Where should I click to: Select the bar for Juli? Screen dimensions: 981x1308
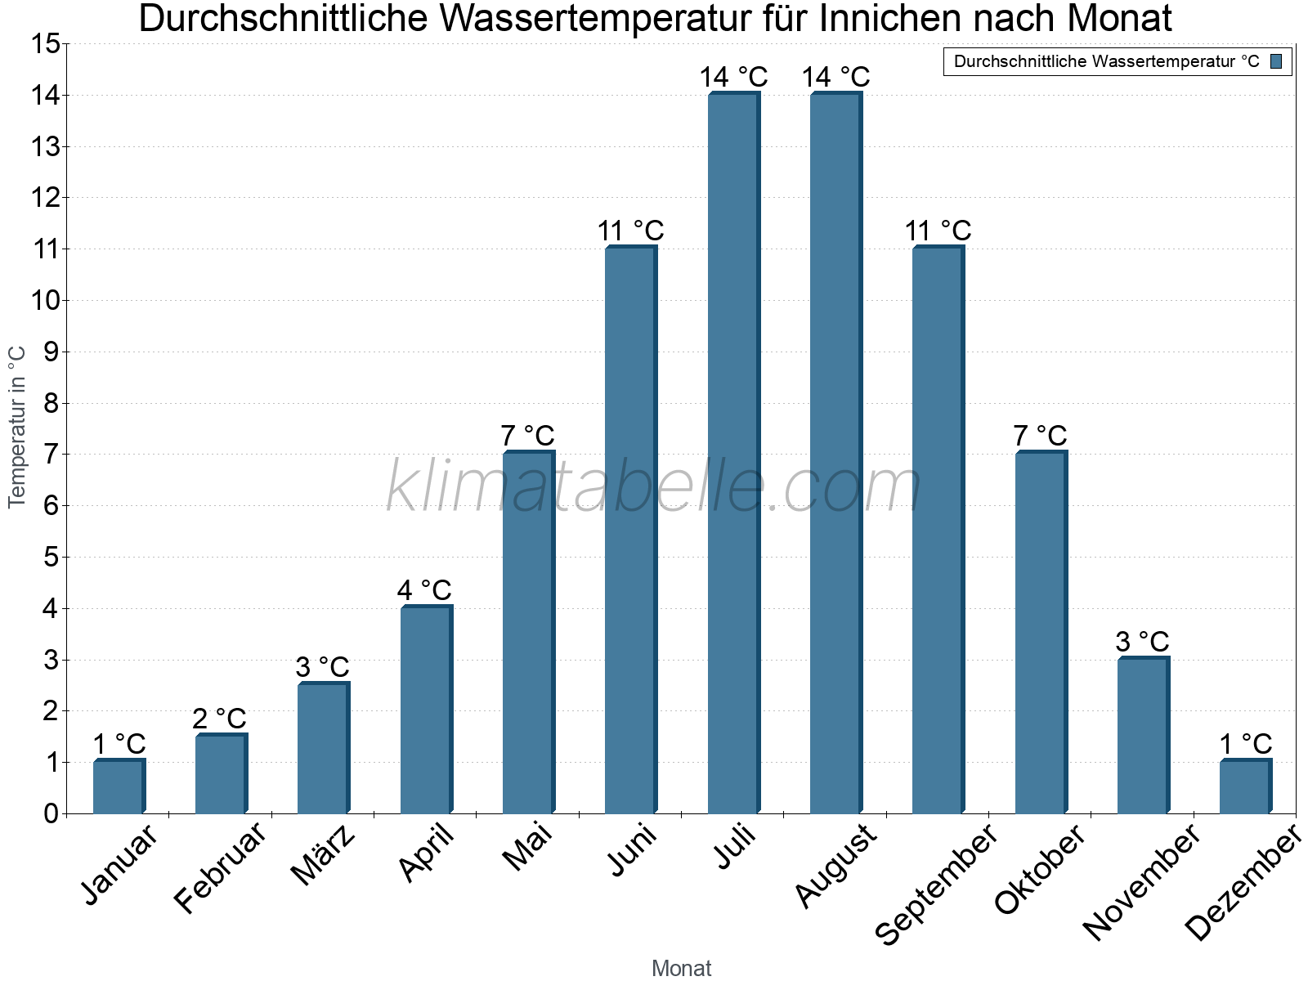[x=733, y=454]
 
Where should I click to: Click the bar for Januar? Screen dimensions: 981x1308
[x=119, y=787]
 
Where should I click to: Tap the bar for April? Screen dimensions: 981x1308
[x=426, y=710]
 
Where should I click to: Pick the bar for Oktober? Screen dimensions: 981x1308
[x=1041, y=634]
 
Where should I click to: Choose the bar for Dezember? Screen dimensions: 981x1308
[x=1245, y=787]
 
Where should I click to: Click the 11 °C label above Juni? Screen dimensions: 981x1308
[x=630, y=231]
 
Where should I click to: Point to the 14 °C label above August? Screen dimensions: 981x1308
[x=835, y=78]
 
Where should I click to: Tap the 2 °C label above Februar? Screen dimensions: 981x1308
[x=219, y=719]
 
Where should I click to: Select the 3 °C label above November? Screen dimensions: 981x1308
[x=1142, y=643]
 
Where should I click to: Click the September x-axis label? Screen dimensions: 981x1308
[x=937, y=883]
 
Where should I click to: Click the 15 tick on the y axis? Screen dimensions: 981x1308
[x=46, y=44]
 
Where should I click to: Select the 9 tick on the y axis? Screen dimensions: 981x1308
[x=52, y=352]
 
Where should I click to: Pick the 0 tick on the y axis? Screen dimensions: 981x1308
[x=52, y=813]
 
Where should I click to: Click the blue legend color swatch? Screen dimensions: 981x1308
[x=1276, y=61]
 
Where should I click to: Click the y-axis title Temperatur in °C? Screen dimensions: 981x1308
[x=17, y=427]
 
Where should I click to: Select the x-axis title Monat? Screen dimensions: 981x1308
[x=681, y=969]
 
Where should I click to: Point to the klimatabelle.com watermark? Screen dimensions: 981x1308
[x=654, y=486]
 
